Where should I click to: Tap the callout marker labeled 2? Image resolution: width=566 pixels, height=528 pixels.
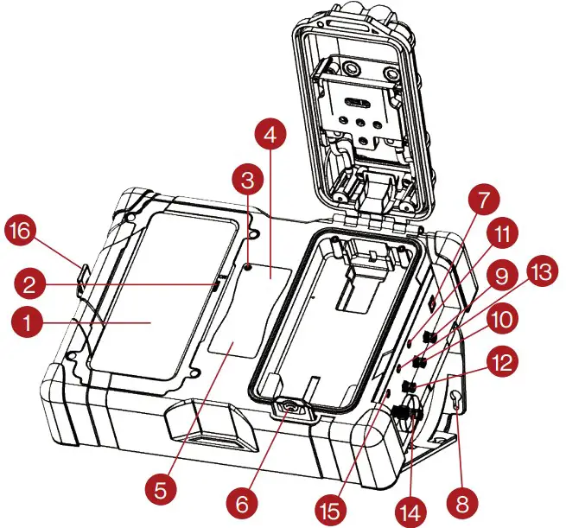point(28,283)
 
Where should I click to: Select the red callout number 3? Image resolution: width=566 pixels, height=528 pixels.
point(247,181)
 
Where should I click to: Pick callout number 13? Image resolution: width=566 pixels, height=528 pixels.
point(545,272)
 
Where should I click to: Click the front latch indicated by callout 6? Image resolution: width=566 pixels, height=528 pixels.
point(290,410)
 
